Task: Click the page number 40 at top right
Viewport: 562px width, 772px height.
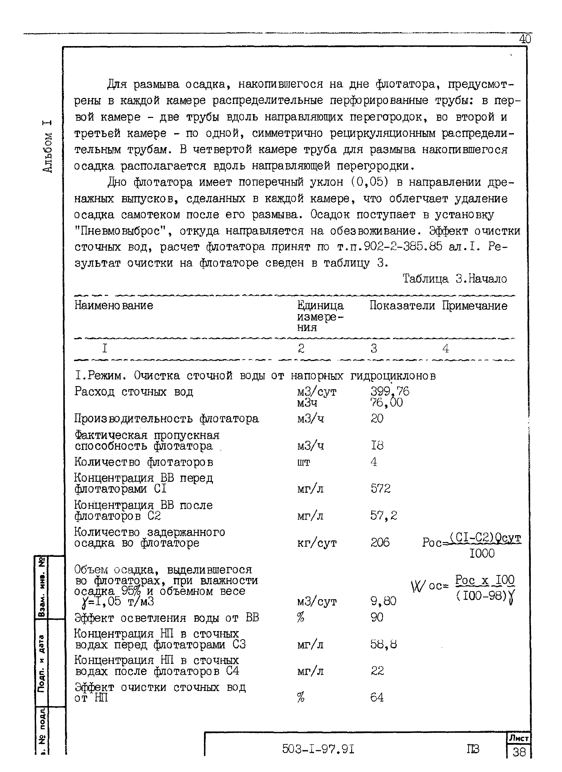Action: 525,39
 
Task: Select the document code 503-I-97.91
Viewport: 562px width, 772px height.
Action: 318,749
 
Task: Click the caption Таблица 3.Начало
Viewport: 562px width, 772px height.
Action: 455,279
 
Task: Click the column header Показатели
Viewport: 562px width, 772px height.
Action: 402,305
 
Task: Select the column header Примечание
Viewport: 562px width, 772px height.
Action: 475,305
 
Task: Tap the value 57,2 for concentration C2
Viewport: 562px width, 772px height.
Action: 383,515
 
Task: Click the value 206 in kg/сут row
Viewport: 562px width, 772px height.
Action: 380,543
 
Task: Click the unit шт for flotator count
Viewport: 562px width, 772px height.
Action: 303,463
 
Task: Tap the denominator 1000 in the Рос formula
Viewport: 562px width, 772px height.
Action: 482,553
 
